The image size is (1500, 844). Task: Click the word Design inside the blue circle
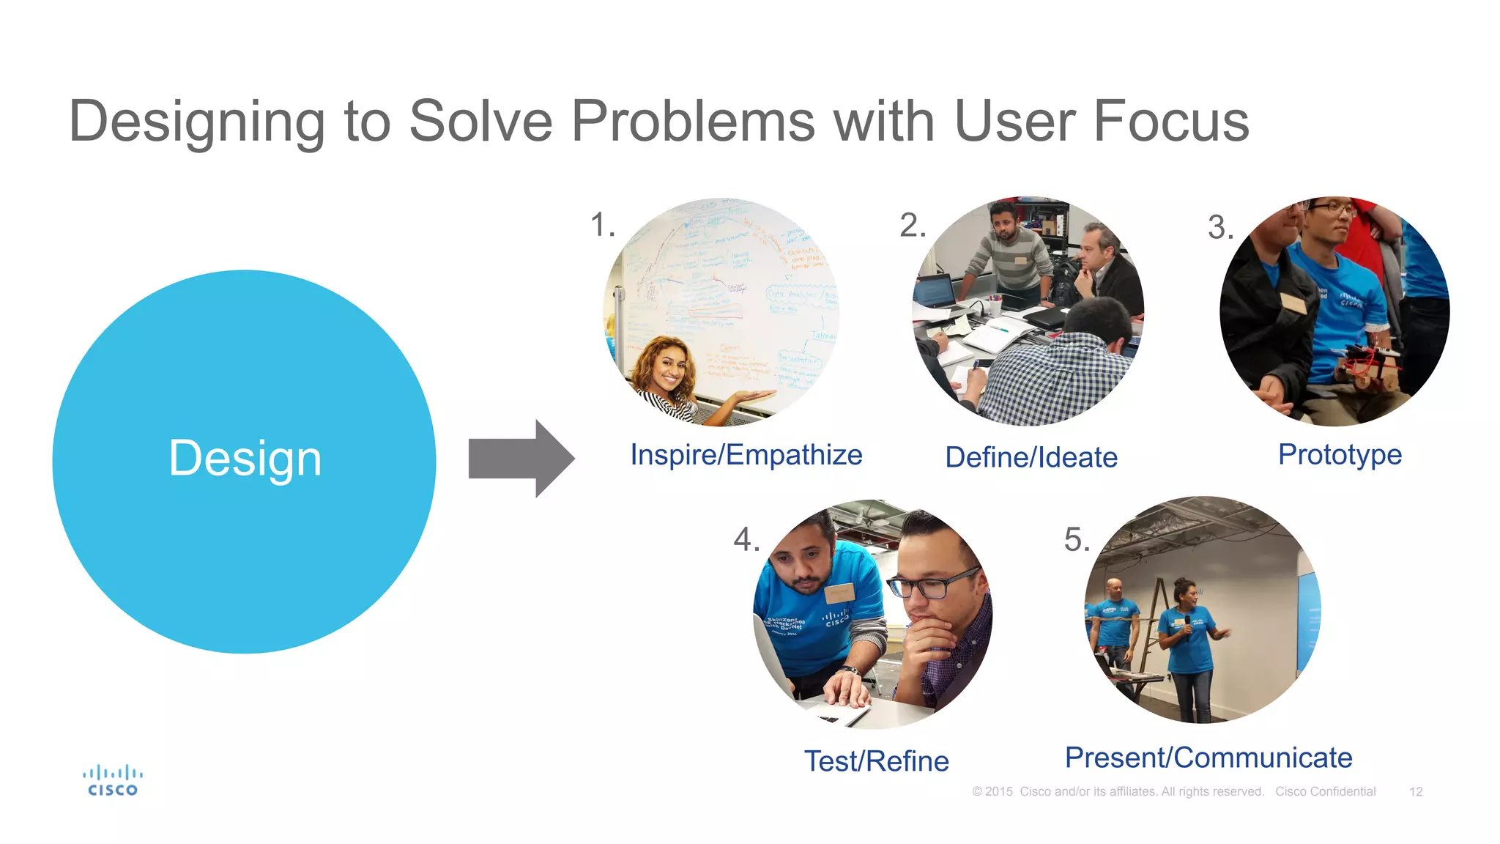pyautogui.click(x=245, y=459)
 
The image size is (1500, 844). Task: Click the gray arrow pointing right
pyautogui.click(x=521, y=459)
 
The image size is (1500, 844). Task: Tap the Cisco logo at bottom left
pyautogui.click(x=112, y=781)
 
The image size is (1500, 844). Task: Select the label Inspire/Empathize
pyautogui.click(x=746, y=455)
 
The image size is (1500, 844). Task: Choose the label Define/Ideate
pyautogui.click(x=1031, y=458)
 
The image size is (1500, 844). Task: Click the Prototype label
pyautogui.click(x=1339, y=455)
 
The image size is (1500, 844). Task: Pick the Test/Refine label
pyautogui.click(x=876, y=761)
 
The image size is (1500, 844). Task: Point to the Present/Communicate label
pyautogui.click(x=1208, y=758)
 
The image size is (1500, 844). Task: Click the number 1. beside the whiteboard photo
pyautogui.click(x=602, y=225)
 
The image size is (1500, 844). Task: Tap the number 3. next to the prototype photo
pyautogui.click(x=1220, y=227)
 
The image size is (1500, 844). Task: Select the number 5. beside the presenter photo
pyautogui.click(x=1077, y=541)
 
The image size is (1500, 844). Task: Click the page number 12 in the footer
pyautogui.click(x=1415, y=792)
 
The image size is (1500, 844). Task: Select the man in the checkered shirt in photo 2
pyautogui.click(x=1055, y=374)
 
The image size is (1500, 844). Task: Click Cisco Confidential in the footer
pyautogui.click(x=1325, y=792)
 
